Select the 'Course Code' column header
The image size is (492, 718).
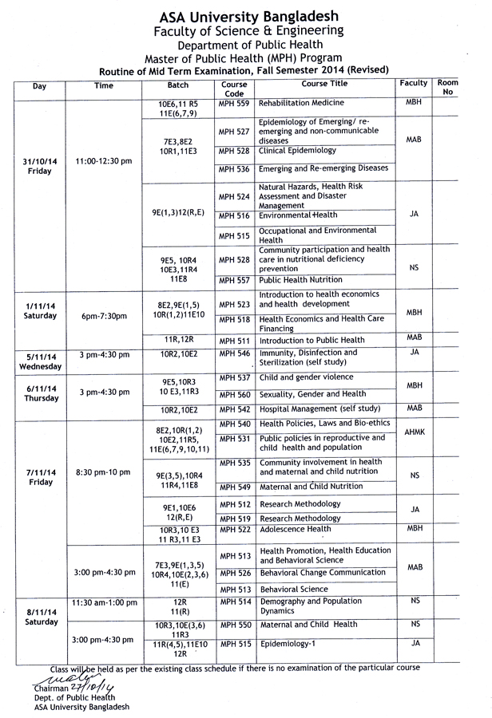tap(234, 88)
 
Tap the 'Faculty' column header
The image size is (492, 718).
tap(413, 83)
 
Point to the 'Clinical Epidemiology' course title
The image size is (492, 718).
tap(298, 151)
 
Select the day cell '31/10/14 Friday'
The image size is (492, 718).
tap(39, 165)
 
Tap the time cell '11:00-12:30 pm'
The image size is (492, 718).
tap(103, 161)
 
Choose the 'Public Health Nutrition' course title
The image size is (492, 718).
tap(301, 280)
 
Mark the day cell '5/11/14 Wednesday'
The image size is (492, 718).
tap(39, 361)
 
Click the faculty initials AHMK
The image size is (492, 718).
tap(413, 432)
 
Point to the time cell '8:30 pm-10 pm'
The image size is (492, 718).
tap(103, 472)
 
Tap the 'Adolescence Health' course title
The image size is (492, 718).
tap(296, 529)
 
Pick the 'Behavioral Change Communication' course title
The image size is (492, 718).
tap(322, 573)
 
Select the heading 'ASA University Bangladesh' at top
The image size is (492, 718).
tap(248, 16)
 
